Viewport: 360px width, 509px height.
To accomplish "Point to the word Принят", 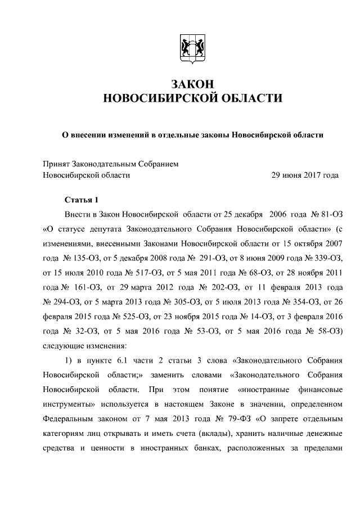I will point(56,164).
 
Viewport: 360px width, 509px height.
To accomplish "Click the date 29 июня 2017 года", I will point(305,175).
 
